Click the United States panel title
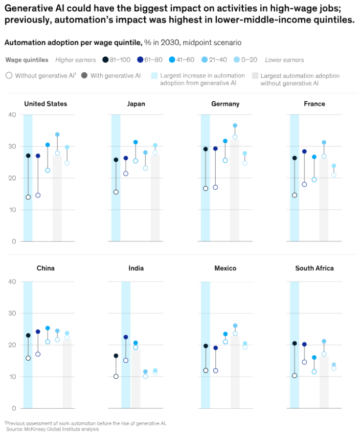point(45,104)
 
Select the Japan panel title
point(136,104)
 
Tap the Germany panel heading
point(225,104)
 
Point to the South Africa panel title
point(314,268)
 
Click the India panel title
point(136,268)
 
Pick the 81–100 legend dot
point(106,60)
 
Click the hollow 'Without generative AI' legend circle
point(9,75)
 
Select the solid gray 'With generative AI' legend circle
point(84,75)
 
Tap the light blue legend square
point(154,75)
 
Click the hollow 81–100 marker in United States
point(28,197)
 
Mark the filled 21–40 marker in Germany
point(235,126)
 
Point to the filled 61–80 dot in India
point(126,337)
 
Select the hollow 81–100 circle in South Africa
point(294,375)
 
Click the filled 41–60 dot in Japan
point(135,142)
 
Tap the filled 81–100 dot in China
point(28,335)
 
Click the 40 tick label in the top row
point(12,115)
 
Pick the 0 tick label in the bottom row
point(14,408)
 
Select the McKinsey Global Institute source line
point(52,429)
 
